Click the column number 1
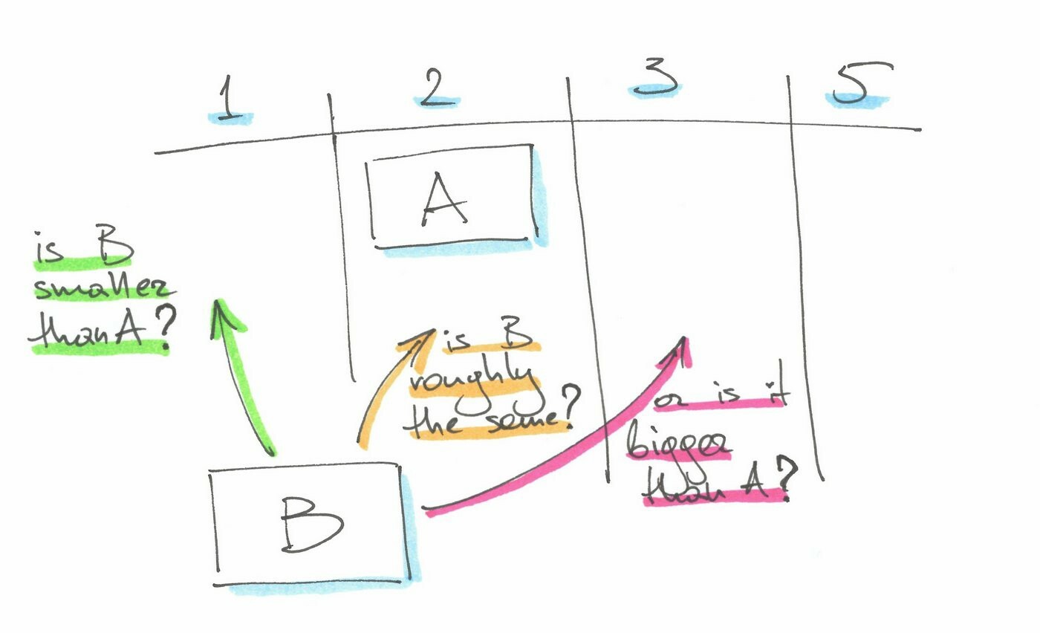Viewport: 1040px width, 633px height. pyautogui.click(x=230, y=99)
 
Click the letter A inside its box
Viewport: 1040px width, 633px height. pyautogui.click(x=444, y=199)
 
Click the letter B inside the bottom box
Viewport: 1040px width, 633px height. pyautogui.click(x=311, y=525)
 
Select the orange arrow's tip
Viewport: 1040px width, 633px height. pyautogui.click(x=435, y=330)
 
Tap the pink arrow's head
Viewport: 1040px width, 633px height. pyautogui.click(x=683, y=338)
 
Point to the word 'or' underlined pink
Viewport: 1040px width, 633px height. pyautogui.click(x=669, y=400)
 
